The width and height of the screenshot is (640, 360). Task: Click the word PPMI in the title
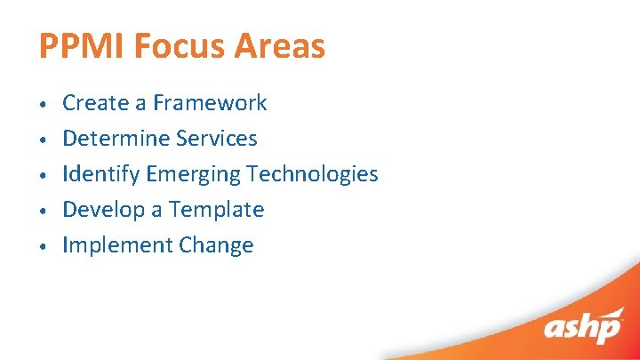[83, 46]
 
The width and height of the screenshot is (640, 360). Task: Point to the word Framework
[210, 103]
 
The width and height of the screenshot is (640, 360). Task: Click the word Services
[217, 139]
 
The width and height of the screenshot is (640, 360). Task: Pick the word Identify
[100, 174]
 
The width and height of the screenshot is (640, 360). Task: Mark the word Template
[217, 211]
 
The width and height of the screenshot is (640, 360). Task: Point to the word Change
[216, 246]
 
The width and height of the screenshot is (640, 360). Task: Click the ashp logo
[583, 326]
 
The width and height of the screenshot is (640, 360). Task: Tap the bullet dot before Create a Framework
[43, 105]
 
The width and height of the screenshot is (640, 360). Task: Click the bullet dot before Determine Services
[43, 140]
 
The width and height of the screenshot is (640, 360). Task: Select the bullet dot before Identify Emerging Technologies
[43, 176]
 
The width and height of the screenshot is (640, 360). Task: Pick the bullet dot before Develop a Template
[43, 212]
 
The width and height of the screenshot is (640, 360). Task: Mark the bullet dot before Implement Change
[43, 247]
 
